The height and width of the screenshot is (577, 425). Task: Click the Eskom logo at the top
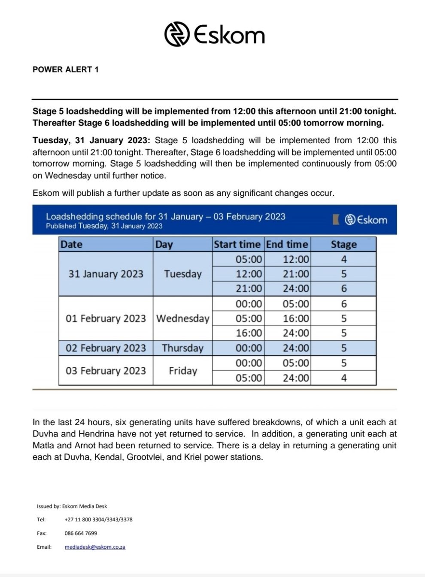214,34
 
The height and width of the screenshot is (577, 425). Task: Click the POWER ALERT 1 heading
66,69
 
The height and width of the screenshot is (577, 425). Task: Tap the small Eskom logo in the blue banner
366,219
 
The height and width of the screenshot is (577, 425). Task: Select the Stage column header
343,244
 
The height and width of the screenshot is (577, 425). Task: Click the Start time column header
237,244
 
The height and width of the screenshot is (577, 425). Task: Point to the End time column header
287,244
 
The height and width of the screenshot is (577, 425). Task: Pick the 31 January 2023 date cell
106,274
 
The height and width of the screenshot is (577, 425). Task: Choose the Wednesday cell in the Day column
182,319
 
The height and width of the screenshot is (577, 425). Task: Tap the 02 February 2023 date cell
106,348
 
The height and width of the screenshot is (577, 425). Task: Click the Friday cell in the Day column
182,371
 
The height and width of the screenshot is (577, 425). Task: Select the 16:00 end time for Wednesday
295,319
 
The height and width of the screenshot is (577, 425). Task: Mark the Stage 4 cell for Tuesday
343,259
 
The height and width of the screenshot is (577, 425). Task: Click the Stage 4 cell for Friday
343,378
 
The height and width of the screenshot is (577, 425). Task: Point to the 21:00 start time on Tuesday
249,288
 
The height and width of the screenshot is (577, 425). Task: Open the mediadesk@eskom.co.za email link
95,547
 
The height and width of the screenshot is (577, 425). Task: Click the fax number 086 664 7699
81,533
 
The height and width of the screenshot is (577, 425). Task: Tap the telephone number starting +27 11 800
98,520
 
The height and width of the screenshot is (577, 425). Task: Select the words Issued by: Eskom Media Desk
72,506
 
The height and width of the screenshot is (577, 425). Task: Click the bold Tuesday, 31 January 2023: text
91,141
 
